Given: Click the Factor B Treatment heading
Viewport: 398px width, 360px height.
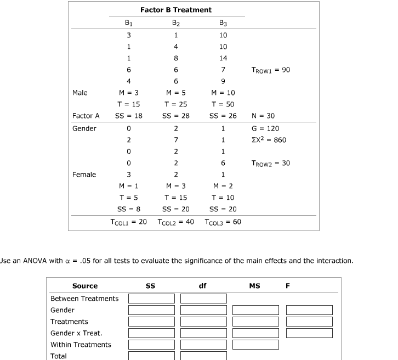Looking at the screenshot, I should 175,10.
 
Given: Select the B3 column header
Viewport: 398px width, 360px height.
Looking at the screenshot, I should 222,23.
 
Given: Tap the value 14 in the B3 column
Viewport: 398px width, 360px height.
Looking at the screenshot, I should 222,58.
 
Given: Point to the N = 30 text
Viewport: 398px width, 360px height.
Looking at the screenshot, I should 263,116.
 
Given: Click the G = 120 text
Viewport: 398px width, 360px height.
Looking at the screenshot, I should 265,128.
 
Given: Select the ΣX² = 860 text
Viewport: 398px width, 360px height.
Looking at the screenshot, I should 268,140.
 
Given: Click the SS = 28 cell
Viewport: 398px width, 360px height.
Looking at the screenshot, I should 175,116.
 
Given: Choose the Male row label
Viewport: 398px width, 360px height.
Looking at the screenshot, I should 79,93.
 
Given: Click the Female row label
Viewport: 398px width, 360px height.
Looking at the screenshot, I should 84,175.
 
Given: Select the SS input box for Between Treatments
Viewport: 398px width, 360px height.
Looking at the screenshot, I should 151,299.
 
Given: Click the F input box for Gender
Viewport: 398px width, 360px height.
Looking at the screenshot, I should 309,310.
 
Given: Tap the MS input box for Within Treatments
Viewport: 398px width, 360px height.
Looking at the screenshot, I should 255,345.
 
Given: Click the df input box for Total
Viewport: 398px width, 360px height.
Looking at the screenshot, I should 203,356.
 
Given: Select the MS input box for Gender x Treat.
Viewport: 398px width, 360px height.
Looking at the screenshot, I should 255,333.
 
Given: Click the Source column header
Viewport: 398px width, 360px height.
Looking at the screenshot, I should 85,286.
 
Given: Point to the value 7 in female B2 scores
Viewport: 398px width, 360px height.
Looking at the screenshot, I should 175,140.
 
